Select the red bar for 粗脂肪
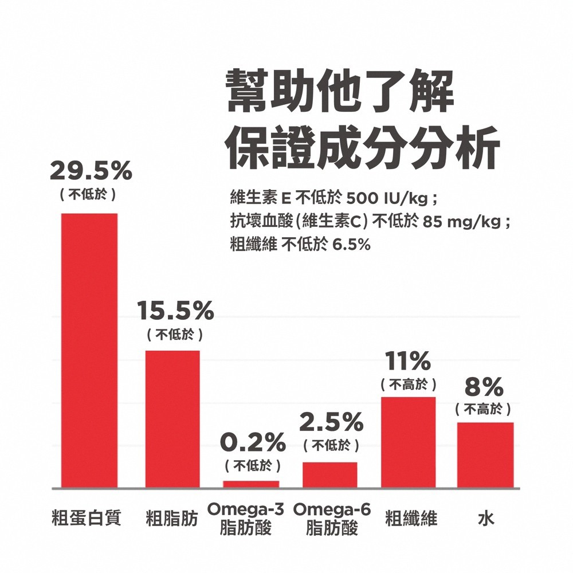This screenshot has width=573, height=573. [172, 419]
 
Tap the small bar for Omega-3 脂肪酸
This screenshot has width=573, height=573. [251, 484]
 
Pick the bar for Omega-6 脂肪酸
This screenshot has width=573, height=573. [329, 474]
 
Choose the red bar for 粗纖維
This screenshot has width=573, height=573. [409, 442]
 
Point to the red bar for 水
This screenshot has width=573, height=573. [485, 455]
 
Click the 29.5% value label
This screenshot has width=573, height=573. [91, 170]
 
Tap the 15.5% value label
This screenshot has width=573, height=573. [175, 311]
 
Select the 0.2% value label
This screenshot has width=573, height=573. [253, 442]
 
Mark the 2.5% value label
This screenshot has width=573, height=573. [331, 423]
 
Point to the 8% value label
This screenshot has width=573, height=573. [484, 388]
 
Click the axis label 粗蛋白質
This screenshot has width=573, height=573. [86, 519]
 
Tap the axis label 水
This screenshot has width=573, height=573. [486, 519]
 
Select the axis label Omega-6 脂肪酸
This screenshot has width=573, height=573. [332, 519]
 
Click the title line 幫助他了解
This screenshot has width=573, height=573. [339, 92]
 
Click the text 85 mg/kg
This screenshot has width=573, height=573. [462, 222]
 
